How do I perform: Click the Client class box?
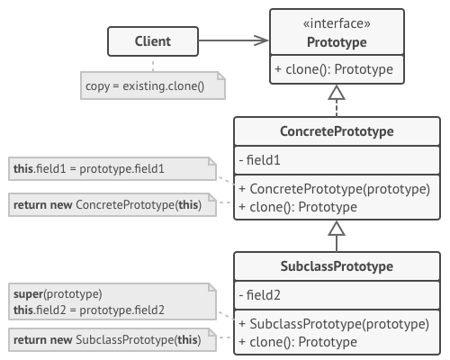point(152,41)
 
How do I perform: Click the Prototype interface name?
point(336,42)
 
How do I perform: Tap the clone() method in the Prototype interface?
point(336,69)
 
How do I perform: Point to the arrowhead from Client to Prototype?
point(262,40)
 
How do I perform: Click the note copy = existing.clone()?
point(151,86)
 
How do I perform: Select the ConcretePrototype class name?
point(336,133)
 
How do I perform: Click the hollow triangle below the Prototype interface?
point(336,93)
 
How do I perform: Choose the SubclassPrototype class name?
point(336,267)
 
